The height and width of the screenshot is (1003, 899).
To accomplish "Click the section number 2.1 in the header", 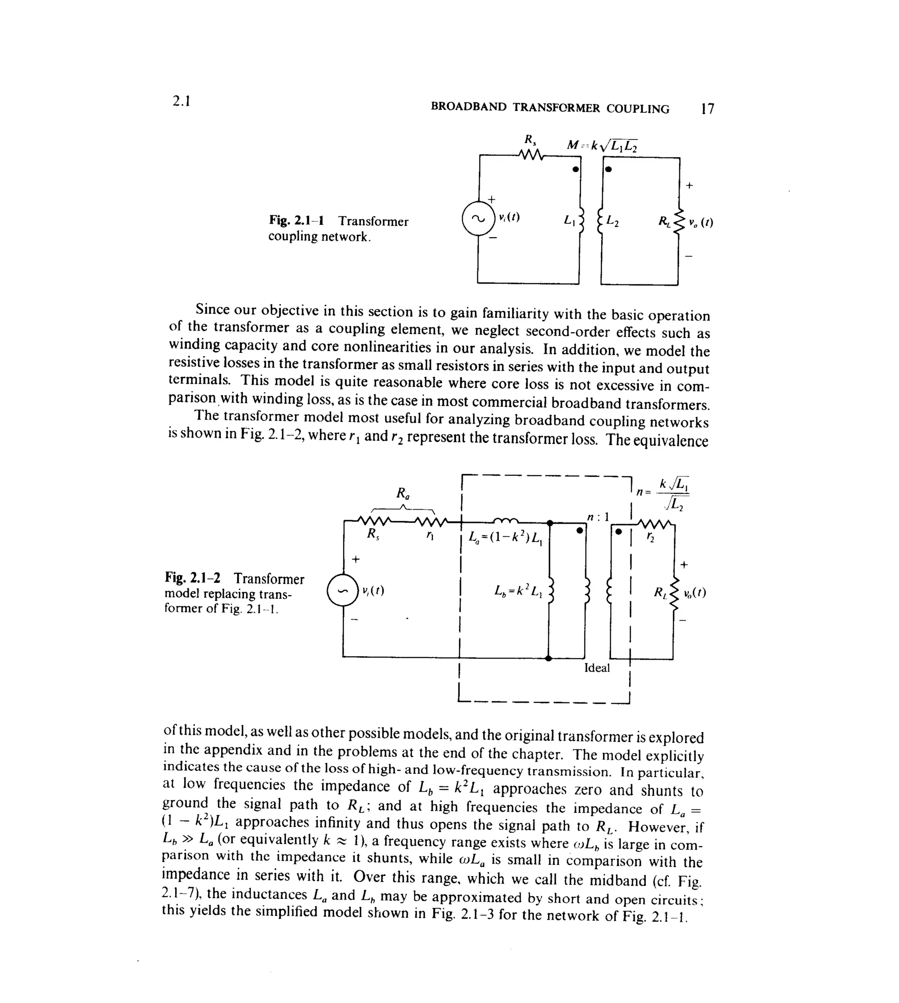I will [181, 101].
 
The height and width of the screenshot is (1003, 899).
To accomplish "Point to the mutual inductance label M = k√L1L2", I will [602, 145].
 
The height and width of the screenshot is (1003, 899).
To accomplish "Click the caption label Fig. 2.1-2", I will [193, 578].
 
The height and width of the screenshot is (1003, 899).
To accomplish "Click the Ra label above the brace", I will [403, 493].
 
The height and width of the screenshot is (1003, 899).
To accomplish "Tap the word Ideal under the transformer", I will [597, 668].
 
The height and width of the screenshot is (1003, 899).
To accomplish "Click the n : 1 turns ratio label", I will [598, 517].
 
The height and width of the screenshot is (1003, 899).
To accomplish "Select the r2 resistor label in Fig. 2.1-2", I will [651, 538].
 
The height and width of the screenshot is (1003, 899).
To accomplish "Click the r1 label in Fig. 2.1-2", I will [430, 536].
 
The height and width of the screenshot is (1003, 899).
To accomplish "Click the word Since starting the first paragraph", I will [212, 309].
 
